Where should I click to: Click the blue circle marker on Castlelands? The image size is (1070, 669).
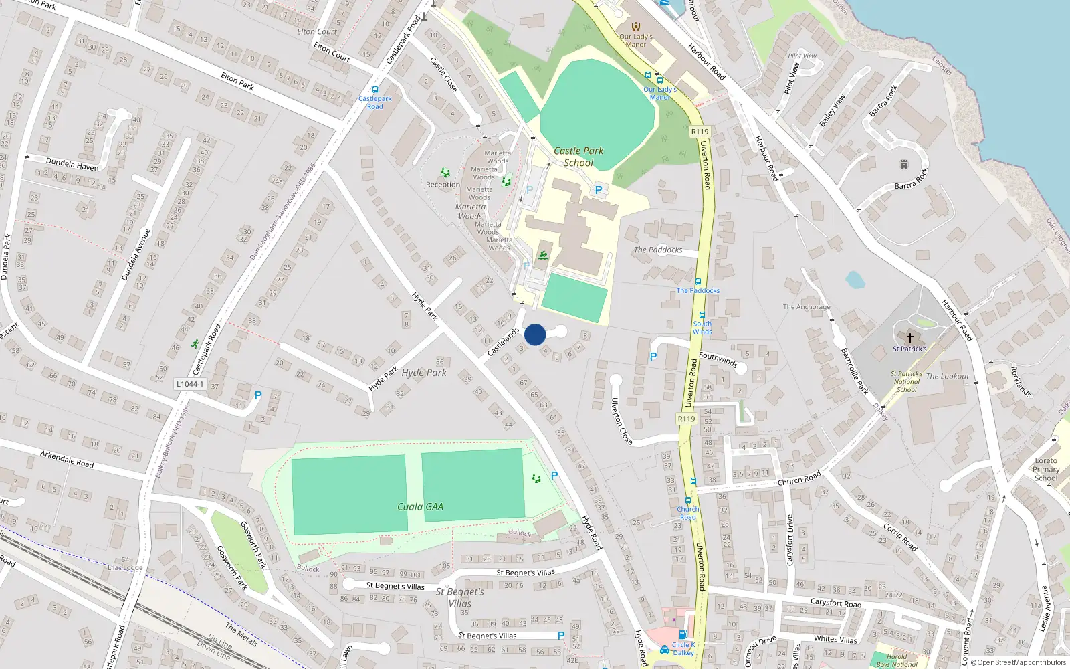click(x=535, y=334)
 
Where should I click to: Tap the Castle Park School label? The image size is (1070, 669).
click(x=578, y=157)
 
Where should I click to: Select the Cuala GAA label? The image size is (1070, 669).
click(x=420, y=506)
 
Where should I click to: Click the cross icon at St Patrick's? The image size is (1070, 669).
click(x=909, y=338)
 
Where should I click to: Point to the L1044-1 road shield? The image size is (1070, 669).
click(x=190, y=384)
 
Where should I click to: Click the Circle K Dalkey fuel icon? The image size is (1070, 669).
click(x=682, y=634)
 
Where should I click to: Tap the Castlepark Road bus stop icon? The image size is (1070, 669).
click(x=375, y=90)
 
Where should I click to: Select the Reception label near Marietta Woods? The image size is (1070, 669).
click(x=443, y=185)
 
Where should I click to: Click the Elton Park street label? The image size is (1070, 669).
click(x=237, y=82)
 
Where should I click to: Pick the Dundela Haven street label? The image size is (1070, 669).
click(x=72, y=164)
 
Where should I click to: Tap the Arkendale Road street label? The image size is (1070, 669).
click(x=67, y=459)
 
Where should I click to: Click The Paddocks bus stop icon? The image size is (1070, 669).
click(x=698, y=282)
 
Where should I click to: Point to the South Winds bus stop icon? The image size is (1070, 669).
click(x=702, y=315)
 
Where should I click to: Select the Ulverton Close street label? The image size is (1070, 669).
click(x=621, y=421)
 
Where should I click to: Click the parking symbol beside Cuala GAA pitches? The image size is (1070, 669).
click(x=554, y=476)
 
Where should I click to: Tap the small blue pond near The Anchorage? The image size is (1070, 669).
click(x=855, y=279)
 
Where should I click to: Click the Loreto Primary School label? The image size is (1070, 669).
click(x=1046, y=469)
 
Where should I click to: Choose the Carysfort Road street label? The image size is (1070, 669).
click(x=836, y=603)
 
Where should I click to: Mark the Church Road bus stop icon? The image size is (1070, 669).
click(x=687, y=500)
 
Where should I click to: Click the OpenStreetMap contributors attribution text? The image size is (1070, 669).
click(x=1019, y=663)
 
